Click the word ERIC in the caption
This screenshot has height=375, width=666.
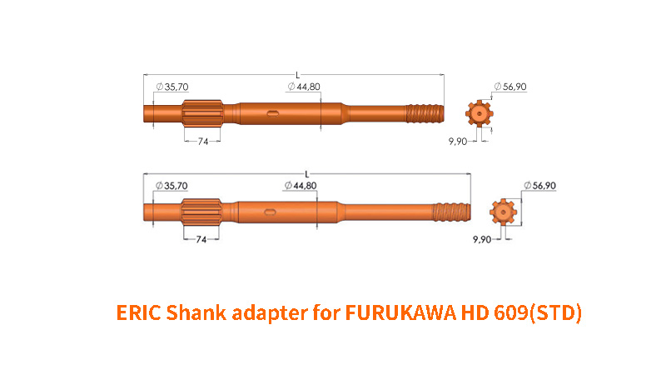[138, 312]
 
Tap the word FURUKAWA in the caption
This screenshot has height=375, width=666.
[400, 312]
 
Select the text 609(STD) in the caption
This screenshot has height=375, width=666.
[538, 313]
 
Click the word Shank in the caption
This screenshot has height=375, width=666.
[196, 312]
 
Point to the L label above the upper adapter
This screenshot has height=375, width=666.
[298, 75]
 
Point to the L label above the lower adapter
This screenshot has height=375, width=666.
[307, 174]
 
